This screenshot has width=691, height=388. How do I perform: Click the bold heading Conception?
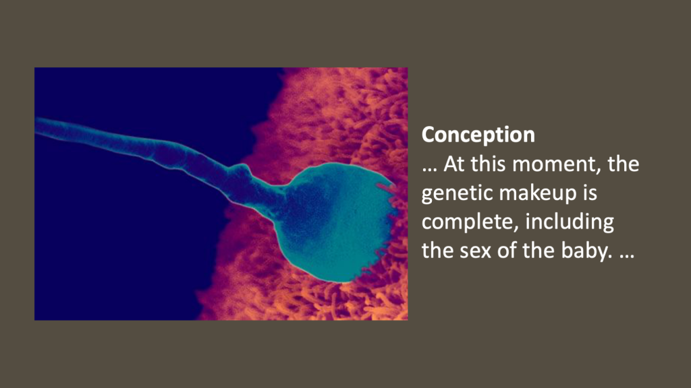click(478, 135)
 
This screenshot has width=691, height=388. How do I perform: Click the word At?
click(454, 164)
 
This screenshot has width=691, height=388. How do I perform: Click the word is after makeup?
click(590, 193)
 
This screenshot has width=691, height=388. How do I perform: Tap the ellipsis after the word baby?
click(627, 256)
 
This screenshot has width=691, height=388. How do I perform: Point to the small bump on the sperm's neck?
click(240, 169)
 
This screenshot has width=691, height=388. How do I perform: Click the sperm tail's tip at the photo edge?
click(36, 124)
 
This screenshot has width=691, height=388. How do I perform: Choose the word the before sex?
click(437, 250)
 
